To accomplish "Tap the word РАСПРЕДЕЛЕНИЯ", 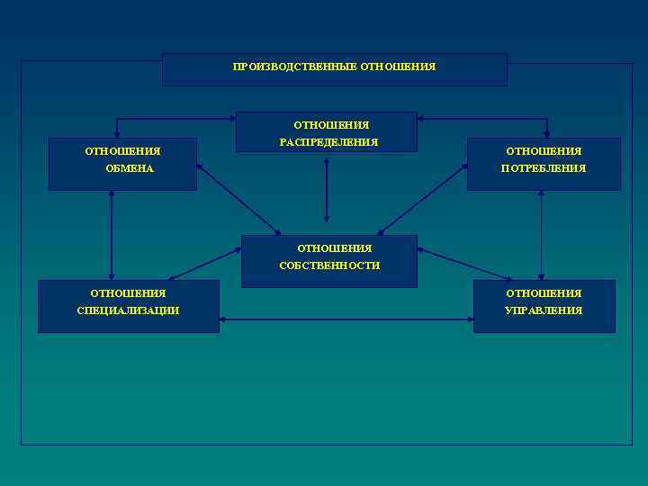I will tap(328, 142).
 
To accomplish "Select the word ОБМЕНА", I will tap(129, 168).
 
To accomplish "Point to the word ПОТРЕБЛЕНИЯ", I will tap(544, 168).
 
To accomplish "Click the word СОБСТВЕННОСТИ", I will tap(329, 265).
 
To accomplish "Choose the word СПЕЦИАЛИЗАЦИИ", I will tap(128, 310).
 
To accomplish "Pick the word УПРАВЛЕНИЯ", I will tap(544, 310).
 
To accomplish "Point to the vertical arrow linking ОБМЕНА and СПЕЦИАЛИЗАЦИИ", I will tap(112, 235).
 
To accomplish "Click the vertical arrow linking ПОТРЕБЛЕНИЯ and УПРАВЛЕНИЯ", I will tap(541, 235).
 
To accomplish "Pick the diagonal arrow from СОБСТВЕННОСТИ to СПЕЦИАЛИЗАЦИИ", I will tap(205, 264).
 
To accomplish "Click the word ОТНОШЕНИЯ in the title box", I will tap(398, 67).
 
